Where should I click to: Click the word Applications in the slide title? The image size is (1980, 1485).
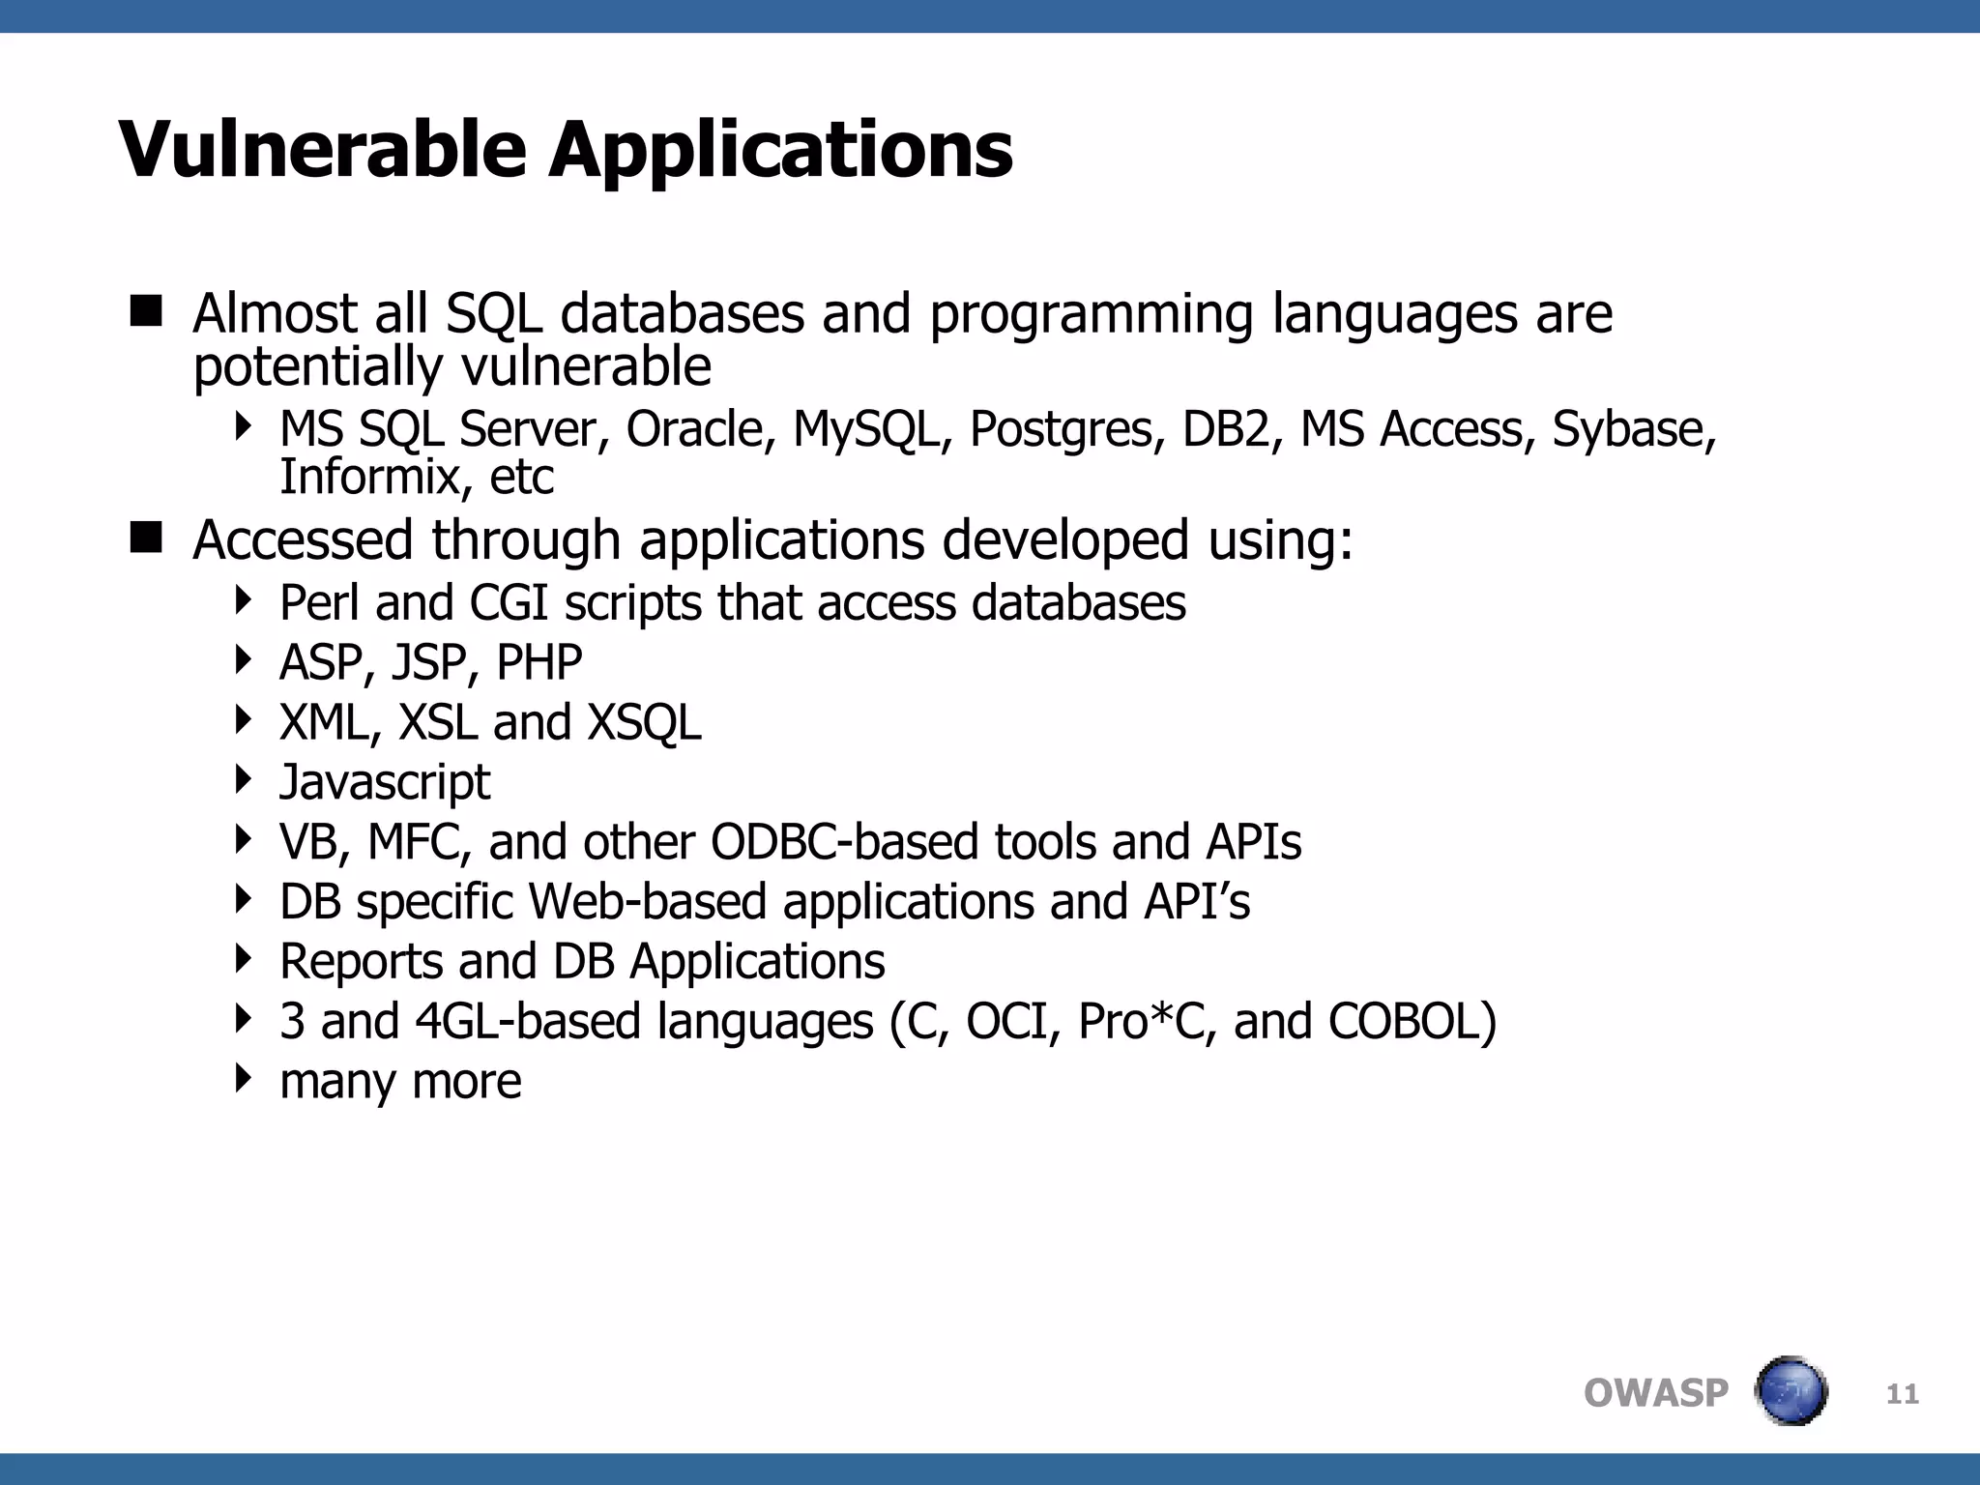[781, 153]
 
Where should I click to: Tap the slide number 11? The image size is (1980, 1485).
[1902, 1393]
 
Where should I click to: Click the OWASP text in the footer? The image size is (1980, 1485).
[1655, 1393]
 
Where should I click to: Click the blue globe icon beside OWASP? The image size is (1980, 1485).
[1791, 1391]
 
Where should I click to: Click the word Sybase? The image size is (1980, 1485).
[1632, 431]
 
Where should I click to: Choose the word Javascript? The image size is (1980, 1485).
[385, 783]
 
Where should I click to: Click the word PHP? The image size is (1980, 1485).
[539, 663]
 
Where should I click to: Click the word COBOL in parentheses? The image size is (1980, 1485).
[1412, 1022]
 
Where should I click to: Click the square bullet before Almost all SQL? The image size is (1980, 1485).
[146, 312]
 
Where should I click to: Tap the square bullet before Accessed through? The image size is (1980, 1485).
[146, 538]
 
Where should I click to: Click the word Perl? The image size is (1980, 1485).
[319, 603]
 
